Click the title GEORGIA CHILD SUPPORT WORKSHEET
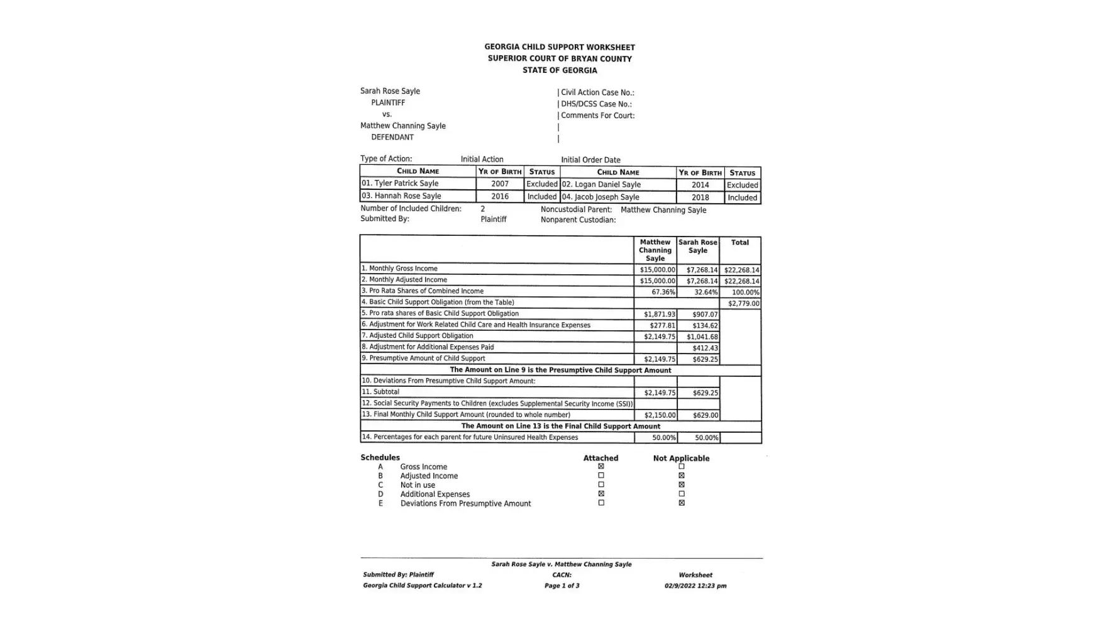tap(559, 47)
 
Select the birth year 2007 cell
tap(500, 184)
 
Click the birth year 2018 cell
tap(700, 198)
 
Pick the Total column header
tap(739, 243)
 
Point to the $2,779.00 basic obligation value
tap(743, 304)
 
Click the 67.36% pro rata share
tap(663, 292)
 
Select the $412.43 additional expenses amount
tap(705, 348)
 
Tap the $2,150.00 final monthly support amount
tap(660, 415)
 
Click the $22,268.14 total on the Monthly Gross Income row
tap(741, 270)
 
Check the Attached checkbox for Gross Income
tap(601, 467)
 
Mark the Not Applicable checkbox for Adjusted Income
tap(682, 476)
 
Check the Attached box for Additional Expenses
tap(601, 494)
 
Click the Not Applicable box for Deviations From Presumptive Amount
tap(682, 503)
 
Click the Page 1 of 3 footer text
tap(562, 586)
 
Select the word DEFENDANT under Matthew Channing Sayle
tap(392, 137)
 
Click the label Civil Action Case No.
tap(597, 92)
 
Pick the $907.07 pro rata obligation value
tap(705, 314)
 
